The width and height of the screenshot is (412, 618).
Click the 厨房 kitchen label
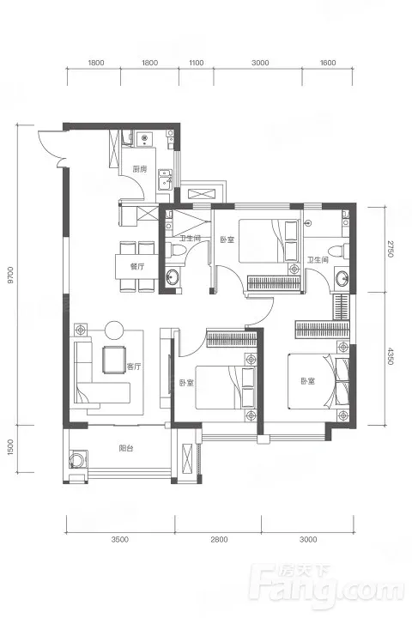click(140, 169)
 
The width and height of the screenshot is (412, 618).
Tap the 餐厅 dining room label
click(137, 266)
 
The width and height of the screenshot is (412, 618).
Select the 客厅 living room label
click(134, 367)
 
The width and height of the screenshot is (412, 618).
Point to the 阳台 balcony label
click(126, 448)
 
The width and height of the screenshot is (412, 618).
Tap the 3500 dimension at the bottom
click(120, 539)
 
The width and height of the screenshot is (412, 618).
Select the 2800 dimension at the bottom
click(219, 539)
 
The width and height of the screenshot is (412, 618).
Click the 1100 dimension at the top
click(197, 63)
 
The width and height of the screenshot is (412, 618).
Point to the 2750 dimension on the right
click(390, 248)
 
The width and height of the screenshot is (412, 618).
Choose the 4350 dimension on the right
click(390, 356)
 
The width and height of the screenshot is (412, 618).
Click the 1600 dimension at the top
click(328, 63)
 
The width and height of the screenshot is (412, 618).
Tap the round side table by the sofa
click(114, 330)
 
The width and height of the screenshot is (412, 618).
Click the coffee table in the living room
click(114, 360)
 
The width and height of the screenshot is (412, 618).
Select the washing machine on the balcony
click(76, 459)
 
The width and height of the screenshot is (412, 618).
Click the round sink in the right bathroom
click(342, 278)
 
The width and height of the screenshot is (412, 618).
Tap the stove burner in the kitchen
click(144, 138)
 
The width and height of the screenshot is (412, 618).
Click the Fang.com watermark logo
click(328, 589)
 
